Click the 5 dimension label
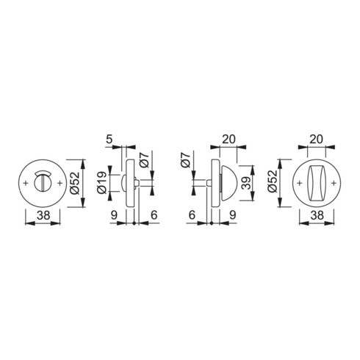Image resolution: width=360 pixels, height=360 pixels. (109, 140)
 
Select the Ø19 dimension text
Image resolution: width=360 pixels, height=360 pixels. (102, 182)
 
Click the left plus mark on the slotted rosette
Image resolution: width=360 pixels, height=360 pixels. (26, 183)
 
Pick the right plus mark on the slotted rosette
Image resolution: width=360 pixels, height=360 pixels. (59, 183)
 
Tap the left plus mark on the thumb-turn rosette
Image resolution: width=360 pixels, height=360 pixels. (299, 183)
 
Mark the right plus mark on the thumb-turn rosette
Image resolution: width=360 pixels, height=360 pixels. (334, 183)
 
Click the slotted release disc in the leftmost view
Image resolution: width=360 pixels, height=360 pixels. (43, 183)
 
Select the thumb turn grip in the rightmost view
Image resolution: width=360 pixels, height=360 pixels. (316, 183)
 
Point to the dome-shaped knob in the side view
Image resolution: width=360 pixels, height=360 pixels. (228, 183)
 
